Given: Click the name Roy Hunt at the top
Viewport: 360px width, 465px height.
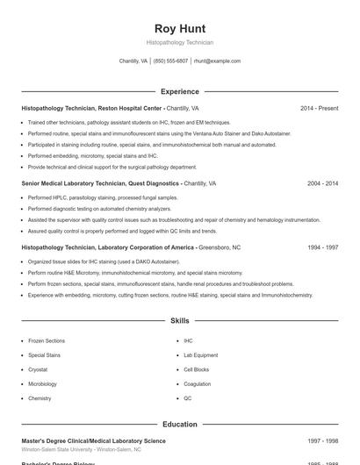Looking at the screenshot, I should (179, 28).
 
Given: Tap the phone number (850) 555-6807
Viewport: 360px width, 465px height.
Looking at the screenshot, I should (170, 61).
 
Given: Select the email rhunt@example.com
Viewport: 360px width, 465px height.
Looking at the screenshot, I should (217, 61).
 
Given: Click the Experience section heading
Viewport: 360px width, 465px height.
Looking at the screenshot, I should (179, 91).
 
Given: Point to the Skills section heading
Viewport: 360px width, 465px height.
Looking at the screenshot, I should (179, 321).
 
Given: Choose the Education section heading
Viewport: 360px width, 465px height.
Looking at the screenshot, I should (179, 424).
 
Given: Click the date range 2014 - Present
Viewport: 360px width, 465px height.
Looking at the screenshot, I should (319, 108).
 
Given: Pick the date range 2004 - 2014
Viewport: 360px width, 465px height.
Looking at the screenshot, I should (322, 183).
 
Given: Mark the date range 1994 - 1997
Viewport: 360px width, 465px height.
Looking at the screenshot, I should (322, 247).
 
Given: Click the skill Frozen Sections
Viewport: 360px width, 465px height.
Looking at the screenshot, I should (47, 340).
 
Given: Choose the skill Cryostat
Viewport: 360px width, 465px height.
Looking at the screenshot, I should (39, 369).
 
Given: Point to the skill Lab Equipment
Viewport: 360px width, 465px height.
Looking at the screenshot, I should (200, 355).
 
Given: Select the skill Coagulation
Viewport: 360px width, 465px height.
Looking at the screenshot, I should (197, 384).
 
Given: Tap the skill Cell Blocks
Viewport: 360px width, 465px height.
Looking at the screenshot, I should (196, 369).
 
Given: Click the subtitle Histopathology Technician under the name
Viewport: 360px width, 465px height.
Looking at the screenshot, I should (179, 42).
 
